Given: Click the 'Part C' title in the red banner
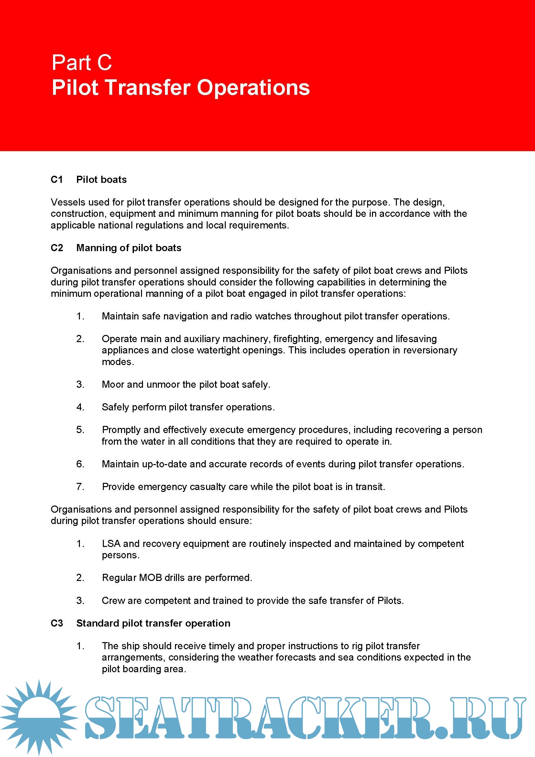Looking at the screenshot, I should click(x=82, y=63).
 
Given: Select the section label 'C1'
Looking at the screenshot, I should click(x=57, y=179).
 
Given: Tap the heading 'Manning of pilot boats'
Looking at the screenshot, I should click(x=129, y=248).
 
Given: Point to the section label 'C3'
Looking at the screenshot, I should click(x=57, y=623).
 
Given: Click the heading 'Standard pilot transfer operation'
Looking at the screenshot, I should click(x=153, y=623).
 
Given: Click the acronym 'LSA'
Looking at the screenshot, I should click(x=111, y=543).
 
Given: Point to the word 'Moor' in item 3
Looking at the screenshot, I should click(x=113, y=384).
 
